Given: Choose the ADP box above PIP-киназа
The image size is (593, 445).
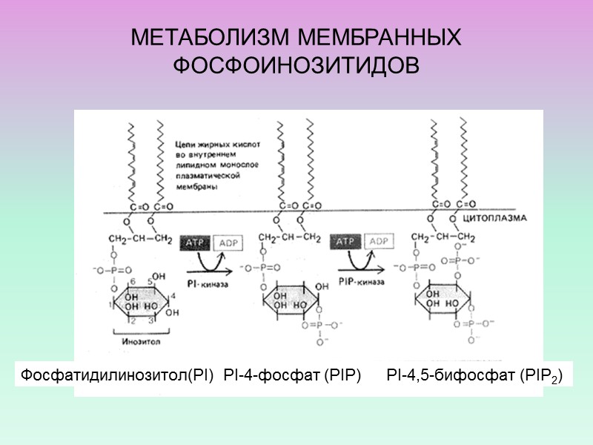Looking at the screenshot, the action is point(379,242).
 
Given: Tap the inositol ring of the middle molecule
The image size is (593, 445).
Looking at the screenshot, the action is point(291,300).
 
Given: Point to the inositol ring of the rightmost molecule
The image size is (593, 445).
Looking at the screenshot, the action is point(443,300).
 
